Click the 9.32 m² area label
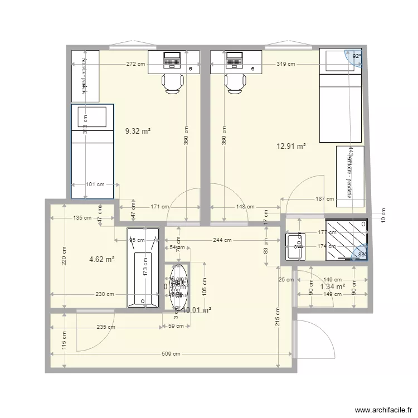coord(138,131)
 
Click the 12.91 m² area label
coord(291,147)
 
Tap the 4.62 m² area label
coord(102,259)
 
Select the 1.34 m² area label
coord(332,286)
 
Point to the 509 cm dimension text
coord(171,353)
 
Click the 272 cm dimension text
coord(136,64)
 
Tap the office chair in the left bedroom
coord(173,83)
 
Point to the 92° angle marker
coord(356,56)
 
